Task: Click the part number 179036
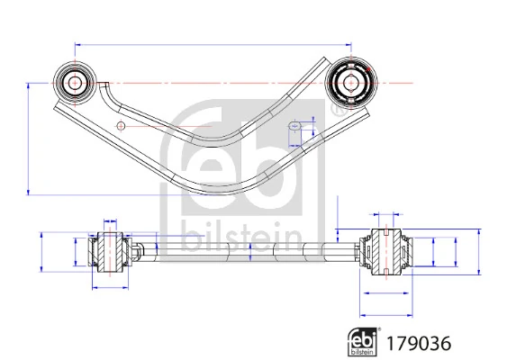tap(417, 342)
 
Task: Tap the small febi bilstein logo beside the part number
tap(364, 342)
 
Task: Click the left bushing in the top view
tap(74, 82)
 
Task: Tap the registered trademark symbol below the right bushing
tap(337, 111)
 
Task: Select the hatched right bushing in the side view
tap(383, 251)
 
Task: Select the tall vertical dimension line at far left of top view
tap(29, 138)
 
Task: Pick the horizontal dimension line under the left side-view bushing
tap(110, 287)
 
